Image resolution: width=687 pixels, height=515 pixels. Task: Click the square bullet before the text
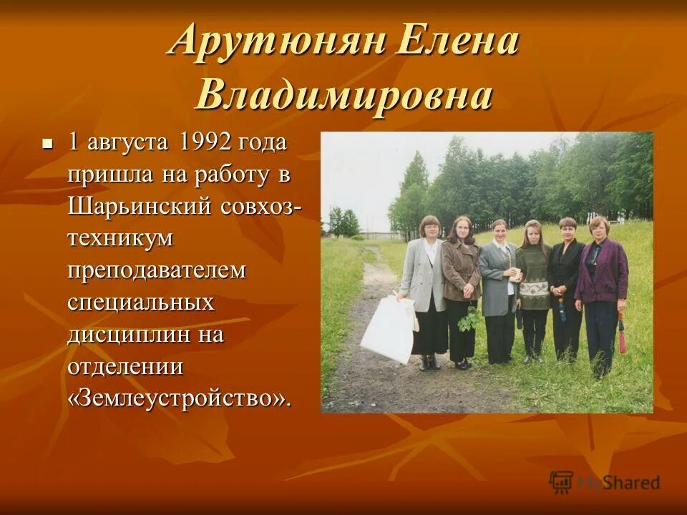click(48, 143)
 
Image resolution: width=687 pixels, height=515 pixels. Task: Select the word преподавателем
click(157, 270)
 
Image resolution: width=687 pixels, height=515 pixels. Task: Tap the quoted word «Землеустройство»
click(180, 398)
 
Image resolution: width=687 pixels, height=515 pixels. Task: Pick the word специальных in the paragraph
click(141, 301)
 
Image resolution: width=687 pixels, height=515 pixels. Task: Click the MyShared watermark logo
click(605, 482)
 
